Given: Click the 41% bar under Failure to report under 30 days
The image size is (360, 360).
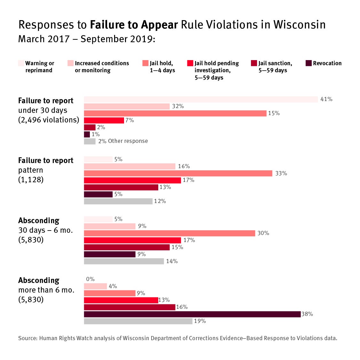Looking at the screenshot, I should click(201, 99).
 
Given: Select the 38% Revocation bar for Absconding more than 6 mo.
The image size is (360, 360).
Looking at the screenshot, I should click(192, 314).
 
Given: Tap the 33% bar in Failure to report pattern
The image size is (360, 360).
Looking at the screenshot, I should click(178, 173).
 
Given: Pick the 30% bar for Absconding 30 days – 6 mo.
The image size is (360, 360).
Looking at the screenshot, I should click(169, 233).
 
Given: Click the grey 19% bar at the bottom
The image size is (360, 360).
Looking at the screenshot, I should click(138, 321).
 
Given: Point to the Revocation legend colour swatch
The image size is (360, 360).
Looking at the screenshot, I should click(309, 63).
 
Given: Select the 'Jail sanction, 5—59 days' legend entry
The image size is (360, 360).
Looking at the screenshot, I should click(275, 67).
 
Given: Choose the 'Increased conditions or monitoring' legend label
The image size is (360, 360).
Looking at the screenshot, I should click(102, 67).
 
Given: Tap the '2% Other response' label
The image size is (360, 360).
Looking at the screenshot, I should click(123, 141).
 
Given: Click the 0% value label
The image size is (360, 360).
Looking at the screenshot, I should click(90, 279).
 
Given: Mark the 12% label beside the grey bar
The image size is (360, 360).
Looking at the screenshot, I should click(160, 201).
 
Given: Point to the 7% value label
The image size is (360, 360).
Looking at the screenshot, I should click(129, 121).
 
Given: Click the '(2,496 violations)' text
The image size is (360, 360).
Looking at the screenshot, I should click(49, 120).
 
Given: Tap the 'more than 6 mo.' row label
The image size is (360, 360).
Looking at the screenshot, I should click(46, 290).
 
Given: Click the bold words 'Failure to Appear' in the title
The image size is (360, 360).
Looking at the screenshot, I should click(134, 25).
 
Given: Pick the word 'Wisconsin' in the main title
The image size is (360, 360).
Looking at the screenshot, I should click(299, 25).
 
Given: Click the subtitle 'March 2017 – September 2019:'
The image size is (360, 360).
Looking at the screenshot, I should click(87, 39).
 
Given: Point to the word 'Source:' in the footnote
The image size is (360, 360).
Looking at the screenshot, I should click(28, 338).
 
